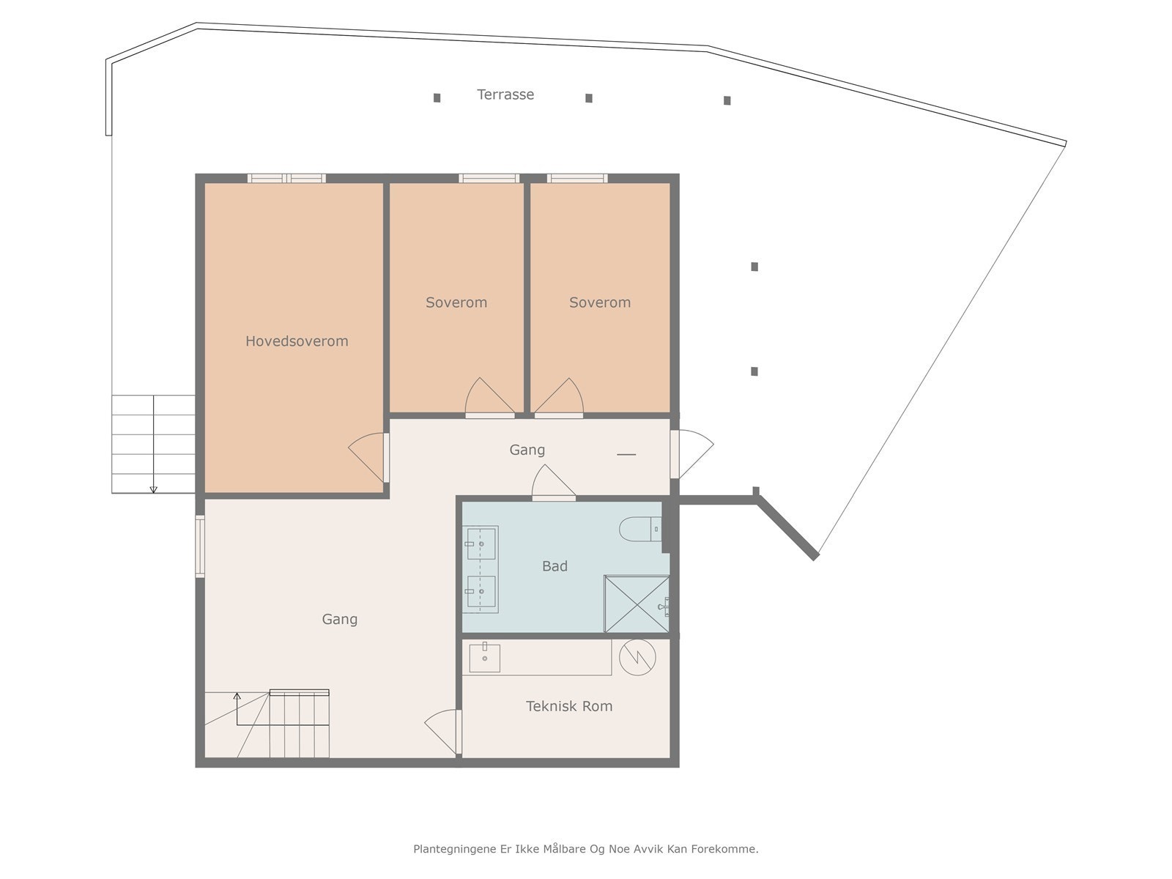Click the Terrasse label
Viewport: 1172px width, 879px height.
click(505, 94)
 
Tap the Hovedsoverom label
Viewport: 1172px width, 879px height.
click(297, 341)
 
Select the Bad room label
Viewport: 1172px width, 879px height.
click(555, 566)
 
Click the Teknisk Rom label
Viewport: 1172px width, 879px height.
click(569, 706)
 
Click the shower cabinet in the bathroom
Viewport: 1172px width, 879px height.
click(636, 604)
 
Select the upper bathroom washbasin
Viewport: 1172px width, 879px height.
click(481, 544)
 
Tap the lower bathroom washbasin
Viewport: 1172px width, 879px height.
click(481, 592)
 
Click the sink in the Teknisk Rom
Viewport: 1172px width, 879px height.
click(484, 658)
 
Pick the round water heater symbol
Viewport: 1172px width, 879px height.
click(637, 657)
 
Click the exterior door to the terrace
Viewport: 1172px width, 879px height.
click(691, 453)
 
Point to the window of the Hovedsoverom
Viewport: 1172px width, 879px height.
click(286, 178)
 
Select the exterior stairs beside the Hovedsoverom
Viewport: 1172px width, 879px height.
click(153, 444)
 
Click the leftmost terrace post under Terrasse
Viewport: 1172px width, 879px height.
click(437, 97)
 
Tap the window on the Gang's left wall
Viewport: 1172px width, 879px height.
click(200, 546)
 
